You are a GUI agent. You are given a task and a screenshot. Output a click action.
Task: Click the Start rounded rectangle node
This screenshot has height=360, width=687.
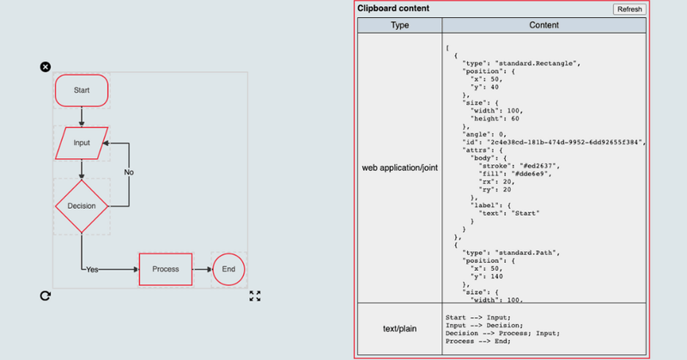coord(82,90)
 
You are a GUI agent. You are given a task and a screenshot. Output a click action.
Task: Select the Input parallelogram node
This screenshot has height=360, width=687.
coord(82,143)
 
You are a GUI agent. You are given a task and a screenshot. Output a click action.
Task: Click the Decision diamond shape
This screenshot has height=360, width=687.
coord(82,206)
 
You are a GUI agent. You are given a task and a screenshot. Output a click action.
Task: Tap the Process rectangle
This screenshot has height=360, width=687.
coord(166,269)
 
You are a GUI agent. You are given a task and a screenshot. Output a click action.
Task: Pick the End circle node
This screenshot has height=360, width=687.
coord(228,269)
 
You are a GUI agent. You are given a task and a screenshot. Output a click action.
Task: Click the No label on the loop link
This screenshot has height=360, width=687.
coord(129,173)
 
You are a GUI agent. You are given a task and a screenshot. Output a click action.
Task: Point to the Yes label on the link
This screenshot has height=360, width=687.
coord(92,270)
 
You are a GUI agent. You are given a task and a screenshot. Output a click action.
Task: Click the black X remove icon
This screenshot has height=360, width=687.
coord(46,67)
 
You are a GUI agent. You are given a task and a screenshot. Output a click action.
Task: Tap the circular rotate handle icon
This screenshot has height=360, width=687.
coord(46,296)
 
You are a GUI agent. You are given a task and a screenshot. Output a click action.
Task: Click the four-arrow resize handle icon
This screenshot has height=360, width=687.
coord(255,296)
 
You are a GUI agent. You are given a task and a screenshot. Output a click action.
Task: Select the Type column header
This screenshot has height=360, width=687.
coord(399,26)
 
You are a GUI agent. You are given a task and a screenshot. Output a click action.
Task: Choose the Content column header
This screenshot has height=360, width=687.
coord(544,26)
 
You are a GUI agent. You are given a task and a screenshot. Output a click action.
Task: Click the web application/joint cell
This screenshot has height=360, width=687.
coord(399,168)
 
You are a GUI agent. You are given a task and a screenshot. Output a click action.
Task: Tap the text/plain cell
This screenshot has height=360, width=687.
coord(399,329)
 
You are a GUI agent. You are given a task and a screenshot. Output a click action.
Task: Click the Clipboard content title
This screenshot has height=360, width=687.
coord(393,9)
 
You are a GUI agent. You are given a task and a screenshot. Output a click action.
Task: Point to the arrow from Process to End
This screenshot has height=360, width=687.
coord(203,269)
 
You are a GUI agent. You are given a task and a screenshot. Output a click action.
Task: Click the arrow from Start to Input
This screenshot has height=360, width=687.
coord(82,117)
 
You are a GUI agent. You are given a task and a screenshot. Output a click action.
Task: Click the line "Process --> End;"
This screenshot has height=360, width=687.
coord(478,341)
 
